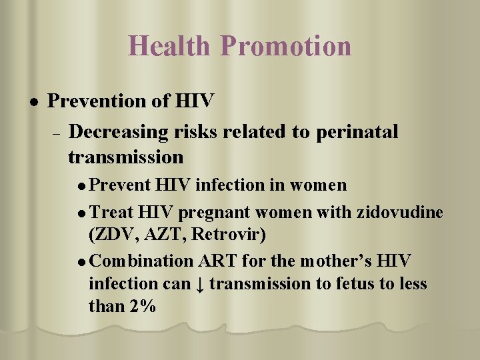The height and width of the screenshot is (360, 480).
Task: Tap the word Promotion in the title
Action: pos(286,46)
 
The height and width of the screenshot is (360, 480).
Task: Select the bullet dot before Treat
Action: pos(81,213)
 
